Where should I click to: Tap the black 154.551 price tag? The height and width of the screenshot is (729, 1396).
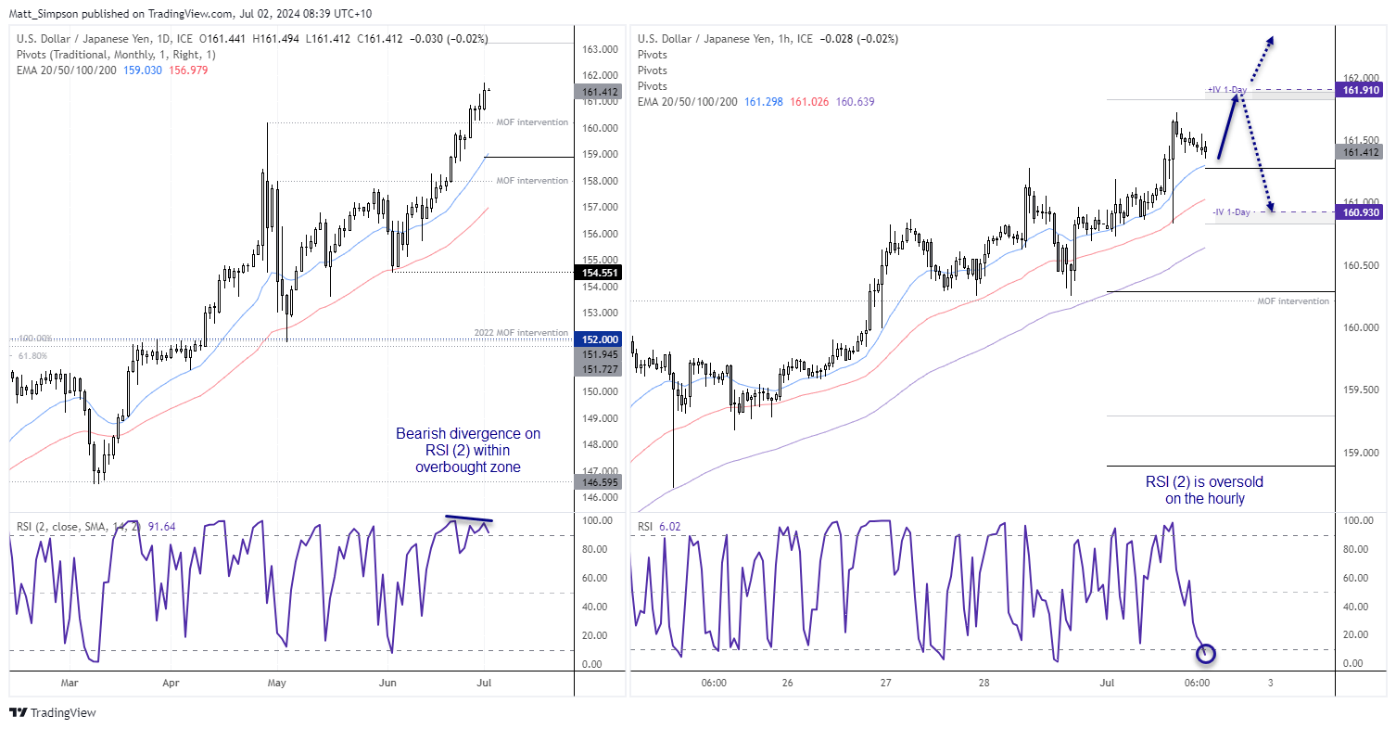(598, 272)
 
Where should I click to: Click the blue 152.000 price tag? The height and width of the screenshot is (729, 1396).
(598, 339)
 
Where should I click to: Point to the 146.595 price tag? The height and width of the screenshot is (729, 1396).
(598, 482)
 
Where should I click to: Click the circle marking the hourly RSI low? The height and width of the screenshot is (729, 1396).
(1206, 654)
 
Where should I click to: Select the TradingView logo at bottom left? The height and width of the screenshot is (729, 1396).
(53, 712)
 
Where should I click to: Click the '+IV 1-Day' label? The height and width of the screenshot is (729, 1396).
(1226, 90)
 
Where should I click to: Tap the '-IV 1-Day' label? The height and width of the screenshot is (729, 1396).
(1231, 212)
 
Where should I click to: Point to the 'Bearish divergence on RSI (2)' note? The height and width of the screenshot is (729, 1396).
(468, 450)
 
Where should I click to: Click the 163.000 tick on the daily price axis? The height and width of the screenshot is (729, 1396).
(598, 49)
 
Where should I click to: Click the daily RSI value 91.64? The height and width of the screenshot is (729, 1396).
(160, 527)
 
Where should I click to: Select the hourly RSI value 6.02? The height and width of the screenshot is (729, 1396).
(670, 527)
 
